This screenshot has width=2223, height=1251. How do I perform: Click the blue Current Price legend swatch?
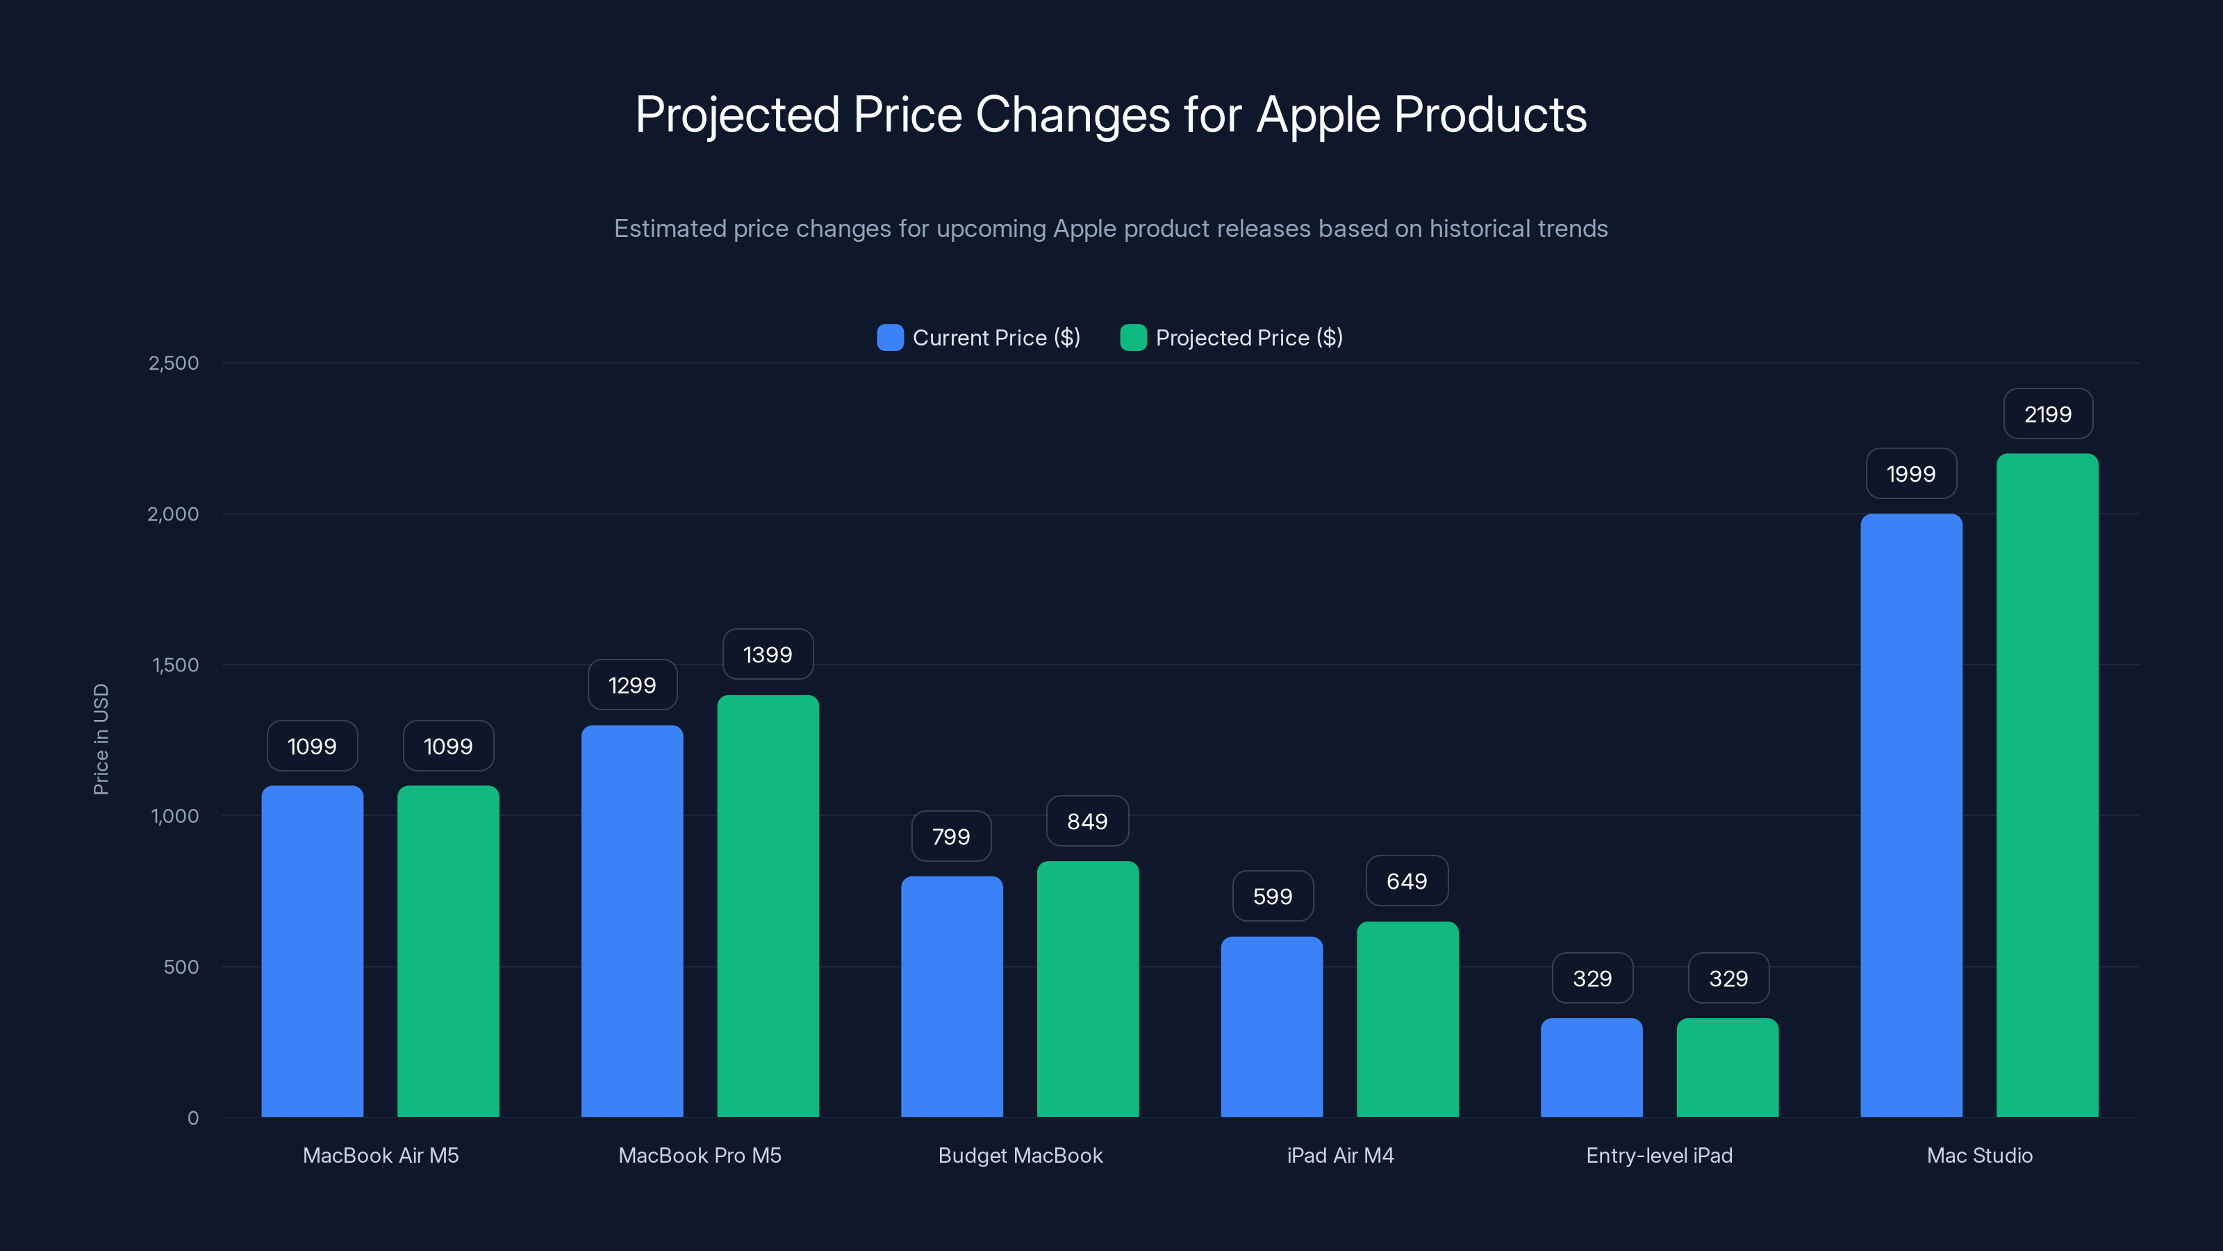pos(890,338)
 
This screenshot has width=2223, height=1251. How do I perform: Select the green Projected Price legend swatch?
pos(1132,338)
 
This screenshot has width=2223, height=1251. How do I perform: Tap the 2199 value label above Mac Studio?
pos(2047,414)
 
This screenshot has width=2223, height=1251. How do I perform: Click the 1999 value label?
pos(1910,474)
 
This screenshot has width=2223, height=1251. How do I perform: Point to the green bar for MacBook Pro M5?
pos(767,906)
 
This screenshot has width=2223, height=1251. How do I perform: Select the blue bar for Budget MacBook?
pos(951,997)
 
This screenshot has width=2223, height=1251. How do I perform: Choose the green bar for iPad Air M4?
pos(1407,1019)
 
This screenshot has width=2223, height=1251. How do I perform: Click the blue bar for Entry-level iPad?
pos(1592,1068)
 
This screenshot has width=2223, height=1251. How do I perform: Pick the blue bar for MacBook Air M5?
pos(311,949)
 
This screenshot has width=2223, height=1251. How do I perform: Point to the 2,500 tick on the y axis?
pos(174,363)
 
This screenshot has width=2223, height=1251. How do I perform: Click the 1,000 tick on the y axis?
pos(175,816)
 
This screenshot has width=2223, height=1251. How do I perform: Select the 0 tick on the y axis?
pos(193,1118)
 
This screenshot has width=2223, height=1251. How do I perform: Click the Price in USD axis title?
pos(101,739)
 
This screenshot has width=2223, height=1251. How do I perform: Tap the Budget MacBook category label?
pos(1020,1155)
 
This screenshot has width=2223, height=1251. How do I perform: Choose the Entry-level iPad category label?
pos(1659,1155)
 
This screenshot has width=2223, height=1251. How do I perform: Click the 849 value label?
pos(1086,821)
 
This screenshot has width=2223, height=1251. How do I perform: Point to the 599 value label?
pos(1272,896)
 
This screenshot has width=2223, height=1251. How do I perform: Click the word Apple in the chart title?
pos(1318,115)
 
